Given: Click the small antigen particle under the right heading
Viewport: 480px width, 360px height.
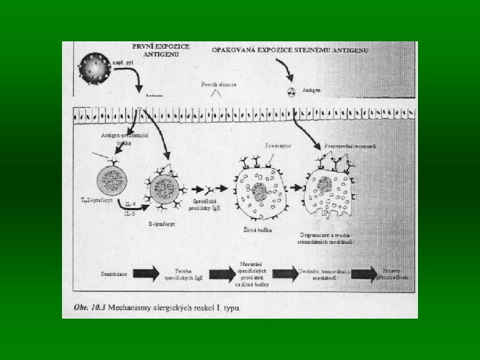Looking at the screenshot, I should (x=291, y=93).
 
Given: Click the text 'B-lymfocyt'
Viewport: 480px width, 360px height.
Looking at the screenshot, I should (x=163, y=225).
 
